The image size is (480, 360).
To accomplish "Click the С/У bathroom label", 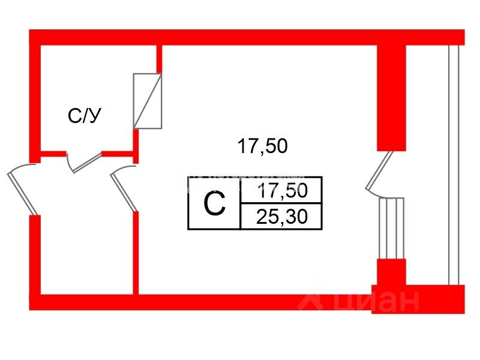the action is click(x=83, y=116).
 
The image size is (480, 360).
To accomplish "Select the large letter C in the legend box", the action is click(x=214, y=204).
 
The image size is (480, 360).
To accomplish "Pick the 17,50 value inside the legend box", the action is click(x=281, y=191).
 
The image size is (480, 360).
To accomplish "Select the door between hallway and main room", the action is click(x=125, y=188).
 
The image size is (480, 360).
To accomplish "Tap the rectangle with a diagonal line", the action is click(x=148, y=101).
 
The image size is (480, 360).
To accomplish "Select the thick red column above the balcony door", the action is click(x=391, y=96).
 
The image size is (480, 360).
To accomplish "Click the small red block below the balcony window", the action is click(x=391, y=274).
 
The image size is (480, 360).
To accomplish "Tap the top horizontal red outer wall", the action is click(x=240, y=37).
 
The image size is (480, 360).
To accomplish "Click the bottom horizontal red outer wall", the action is click(x=198, y=302).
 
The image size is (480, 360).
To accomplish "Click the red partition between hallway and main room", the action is click(x=136, y=252).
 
